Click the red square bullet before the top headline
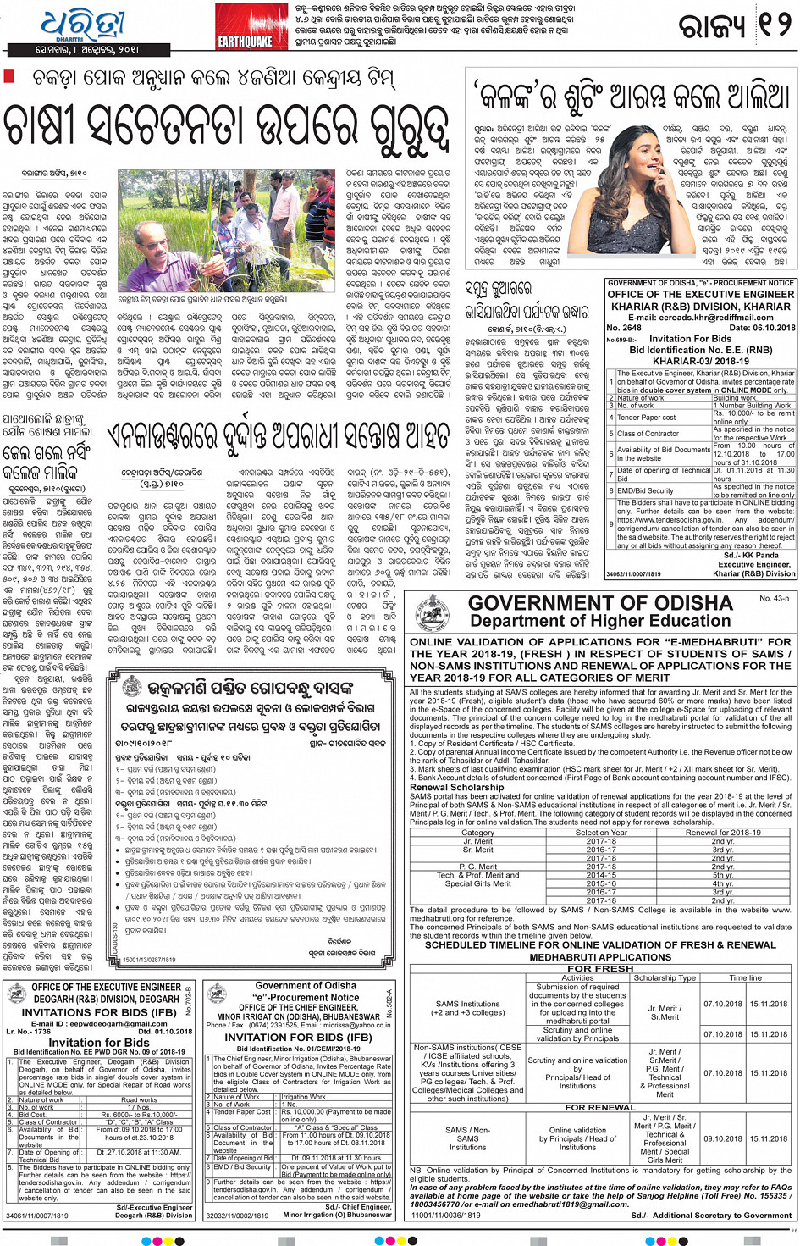point(10,76)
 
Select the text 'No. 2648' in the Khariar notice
point(624,328)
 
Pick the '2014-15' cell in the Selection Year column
point(602,875)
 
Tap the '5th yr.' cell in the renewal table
point(722,875)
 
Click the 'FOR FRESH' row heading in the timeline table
point(600,968)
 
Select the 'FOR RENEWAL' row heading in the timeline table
point(600,1107)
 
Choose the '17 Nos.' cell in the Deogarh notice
point(139,1107)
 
